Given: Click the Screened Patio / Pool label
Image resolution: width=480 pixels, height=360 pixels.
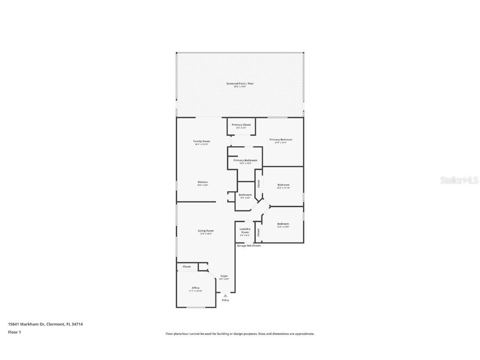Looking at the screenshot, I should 240,84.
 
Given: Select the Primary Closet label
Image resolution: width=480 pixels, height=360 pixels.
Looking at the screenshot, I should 241,125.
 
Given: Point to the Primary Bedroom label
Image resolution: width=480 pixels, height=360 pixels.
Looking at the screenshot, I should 280,140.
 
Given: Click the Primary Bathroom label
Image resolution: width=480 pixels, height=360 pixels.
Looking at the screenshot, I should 245,160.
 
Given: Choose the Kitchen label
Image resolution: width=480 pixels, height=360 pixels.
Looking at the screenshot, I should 202,182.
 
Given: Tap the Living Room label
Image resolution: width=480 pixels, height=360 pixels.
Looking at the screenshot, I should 205,231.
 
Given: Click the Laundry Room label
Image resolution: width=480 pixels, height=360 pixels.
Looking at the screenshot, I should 245,230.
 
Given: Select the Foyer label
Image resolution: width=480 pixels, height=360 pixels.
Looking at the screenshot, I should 224,276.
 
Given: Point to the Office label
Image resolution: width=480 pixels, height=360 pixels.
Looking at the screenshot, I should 195,288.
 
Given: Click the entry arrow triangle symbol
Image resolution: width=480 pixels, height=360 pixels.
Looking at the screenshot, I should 225,295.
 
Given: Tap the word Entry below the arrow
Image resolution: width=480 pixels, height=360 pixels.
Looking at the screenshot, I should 225,300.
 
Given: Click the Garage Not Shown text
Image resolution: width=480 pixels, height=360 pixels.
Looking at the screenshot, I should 249,246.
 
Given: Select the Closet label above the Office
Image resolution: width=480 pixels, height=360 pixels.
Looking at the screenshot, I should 186,267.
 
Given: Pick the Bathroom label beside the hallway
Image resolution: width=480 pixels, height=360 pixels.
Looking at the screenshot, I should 245,195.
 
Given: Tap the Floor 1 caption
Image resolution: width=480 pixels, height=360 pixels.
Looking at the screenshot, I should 14,332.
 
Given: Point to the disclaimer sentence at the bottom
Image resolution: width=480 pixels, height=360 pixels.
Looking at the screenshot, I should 240,334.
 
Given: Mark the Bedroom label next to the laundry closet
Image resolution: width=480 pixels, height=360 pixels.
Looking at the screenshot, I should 283,224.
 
